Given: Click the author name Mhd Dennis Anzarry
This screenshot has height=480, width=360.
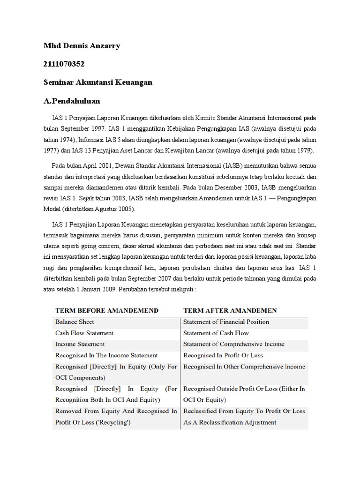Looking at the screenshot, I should tap(82, 46).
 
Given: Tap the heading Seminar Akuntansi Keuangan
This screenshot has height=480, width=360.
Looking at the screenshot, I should tap(97, 82).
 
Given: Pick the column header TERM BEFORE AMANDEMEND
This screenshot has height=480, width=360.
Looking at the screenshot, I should tap(107, 310).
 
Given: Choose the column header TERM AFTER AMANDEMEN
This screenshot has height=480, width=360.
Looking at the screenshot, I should tap(230, 310).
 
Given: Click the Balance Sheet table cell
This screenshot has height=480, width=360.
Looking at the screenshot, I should tap(75, 322).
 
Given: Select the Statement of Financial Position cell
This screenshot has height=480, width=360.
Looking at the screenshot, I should tap(226, 322).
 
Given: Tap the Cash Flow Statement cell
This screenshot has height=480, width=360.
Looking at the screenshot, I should tap(84, 333).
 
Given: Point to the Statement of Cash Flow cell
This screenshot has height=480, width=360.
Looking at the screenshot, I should tap(216, 333).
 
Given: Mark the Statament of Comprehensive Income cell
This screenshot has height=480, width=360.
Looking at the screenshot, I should tap(234, 344).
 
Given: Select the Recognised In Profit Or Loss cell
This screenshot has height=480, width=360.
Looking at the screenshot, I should tap(224, 355).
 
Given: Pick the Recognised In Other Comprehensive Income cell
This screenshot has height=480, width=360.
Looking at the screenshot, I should tap(244, 367).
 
